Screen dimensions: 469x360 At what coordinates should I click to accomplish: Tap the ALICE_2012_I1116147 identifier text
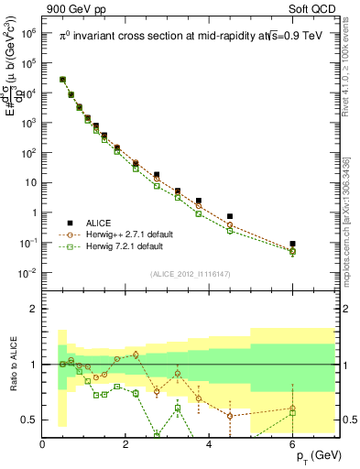(x=191, y=274)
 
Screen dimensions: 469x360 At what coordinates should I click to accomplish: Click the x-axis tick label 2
(x=126, y=445)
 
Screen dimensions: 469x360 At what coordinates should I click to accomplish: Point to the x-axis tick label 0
(x=43, y=445)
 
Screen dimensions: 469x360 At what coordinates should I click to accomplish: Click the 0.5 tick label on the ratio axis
(x=28, y=420)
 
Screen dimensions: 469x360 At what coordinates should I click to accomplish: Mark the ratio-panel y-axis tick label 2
(x=32, y=309)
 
